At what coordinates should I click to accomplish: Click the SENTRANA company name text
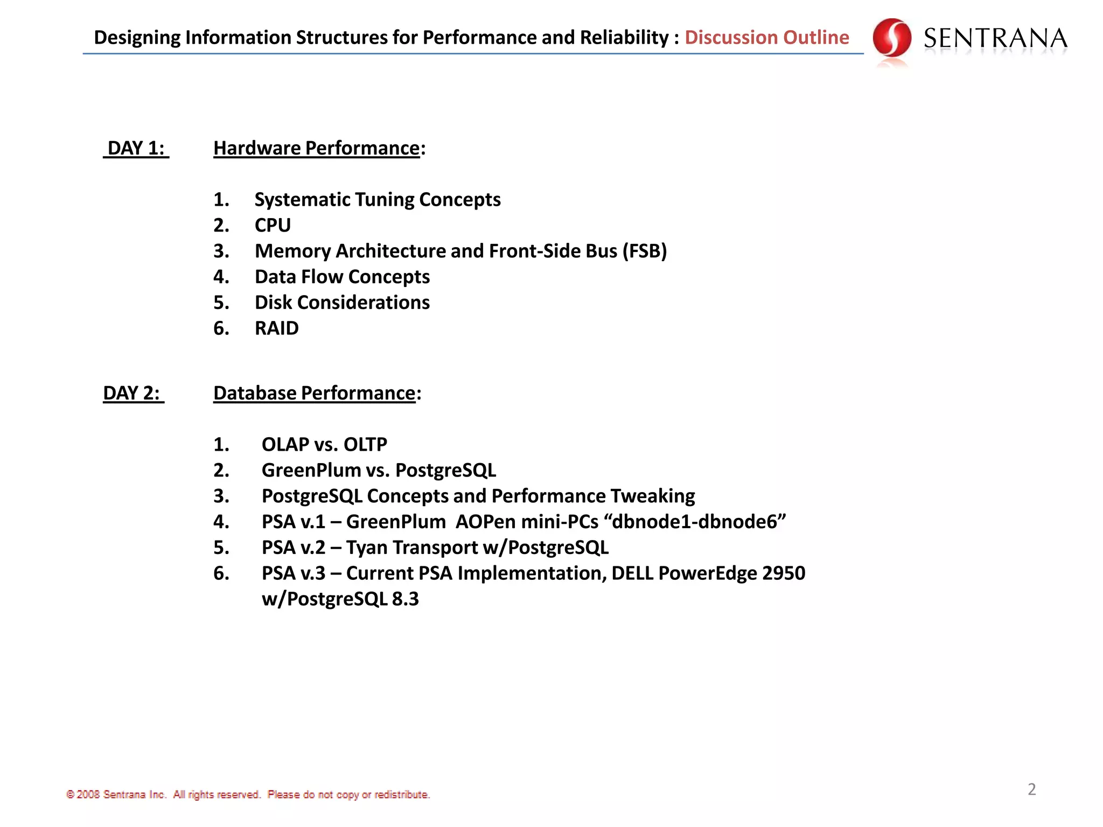995,39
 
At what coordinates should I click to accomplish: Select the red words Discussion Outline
766,37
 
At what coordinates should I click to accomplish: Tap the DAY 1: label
136,148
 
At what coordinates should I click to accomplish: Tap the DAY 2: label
133,393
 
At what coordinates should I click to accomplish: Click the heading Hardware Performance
316,148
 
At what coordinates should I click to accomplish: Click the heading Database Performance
314,393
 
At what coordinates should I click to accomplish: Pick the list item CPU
273,225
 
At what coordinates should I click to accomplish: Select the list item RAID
276,328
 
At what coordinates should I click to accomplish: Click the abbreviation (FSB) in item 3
644,251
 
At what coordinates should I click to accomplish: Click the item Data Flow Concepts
342,277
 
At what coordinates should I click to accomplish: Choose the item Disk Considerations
342,303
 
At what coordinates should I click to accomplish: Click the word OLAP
285,445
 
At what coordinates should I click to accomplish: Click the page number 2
1031,789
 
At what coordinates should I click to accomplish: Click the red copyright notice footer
248,795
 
